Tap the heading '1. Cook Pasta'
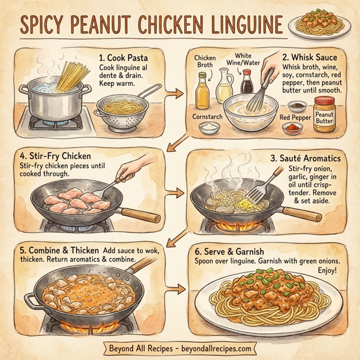(124, 59)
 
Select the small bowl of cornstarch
(209, 127)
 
